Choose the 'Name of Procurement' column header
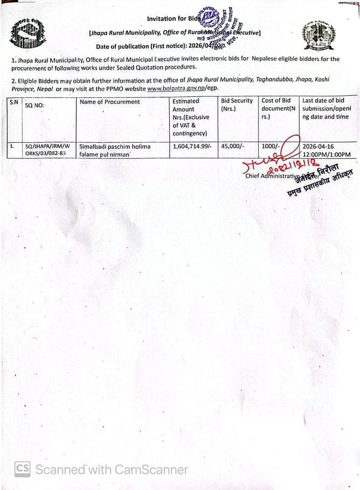pyautogui.click(x=109, y=102)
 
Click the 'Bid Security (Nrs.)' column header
pyautogui.click(x=237, y=104)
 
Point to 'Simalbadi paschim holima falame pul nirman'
pyautogui.click(x=114, y=150)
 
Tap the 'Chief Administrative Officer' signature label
pyautogui.click(x=283, y=176)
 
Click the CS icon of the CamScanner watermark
pyautogui.click(x=22, y=469)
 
